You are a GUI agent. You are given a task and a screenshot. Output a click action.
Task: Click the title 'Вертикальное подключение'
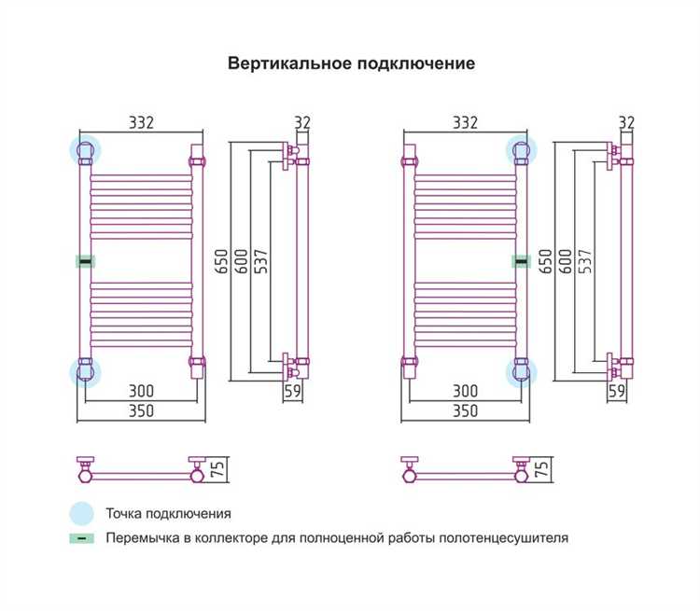point(352,63)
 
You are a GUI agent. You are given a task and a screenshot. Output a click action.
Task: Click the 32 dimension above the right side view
point(626,122)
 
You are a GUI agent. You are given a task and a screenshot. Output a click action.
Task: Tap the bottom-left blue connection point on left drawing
point(85,372)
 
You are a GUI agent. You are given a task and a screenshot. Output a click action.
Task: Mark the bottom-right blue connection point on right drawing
point(521,372)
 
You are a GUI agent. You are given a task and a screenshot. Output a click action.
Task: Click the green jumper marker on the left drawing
point(85,262)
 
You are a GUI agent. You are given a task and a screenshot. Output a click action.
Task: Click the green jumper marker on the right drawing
point(521,262)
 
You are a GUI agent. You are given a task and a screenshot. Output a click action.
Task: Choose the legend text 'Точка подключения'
point(168,513)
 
